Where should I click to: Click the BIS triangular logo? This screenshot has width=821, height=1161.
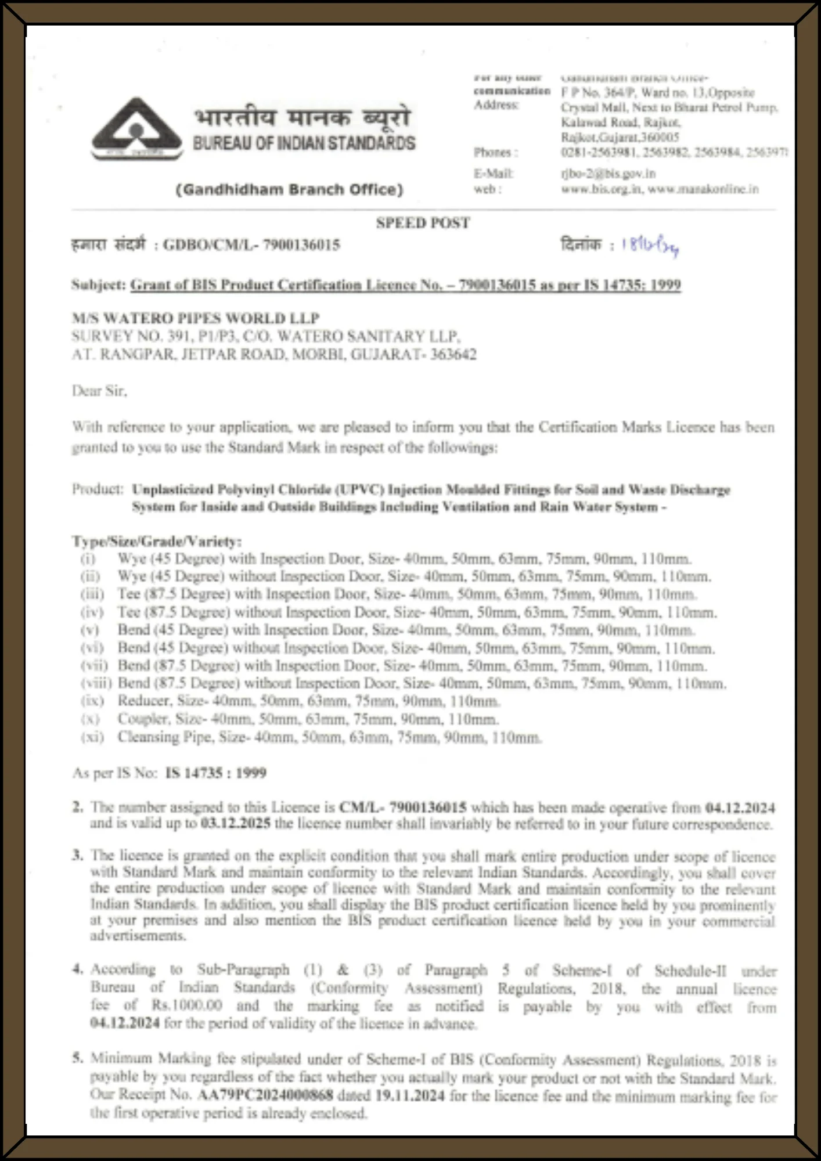[137, 129]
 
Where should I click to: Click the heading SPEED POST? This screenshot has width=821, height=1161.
[423, 223]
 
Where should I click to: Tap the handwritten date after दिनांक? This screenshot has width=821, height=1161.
[650, 246]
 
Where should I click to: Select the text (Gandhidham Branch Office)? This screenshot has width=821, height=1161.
[289, 190]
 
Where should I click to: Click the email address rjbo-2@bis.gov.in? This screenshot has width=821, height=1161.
[608, 174]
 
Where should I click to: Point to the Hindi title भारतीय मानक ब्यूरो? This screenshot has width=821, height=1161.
[302, 118]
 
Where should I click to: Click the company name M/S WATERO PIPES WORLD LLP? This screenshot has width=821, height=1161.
[196, 318]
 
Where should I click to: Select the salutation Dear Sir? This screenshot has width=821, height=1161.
[99, 391]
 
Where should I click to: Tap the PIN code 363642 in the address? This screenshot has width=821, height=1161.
[453, 355]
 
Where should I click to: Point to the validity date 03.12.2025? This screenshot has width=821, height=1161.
[235, 824]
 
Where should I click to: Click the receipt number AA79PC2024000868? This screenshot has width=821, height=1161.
[265, 1095]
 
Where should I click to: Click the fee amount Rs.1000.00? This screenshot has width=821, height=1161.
[187, 1005]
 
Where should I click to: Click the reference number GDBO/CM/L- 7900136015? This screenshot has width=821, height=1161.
[251, 245]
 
